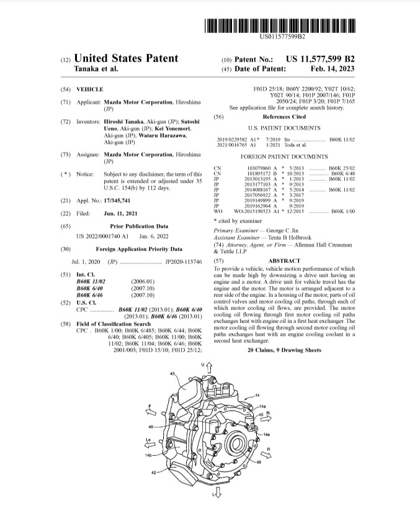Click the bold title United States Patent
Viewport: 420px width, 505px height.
pos(126,59)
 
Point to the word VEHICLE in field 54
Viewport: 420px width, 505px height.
pos(90,90)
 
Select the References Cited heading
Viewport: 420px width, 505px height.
pos(284,116)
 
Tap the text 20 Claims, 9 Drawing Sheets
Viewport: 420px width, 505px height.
pos(284,350)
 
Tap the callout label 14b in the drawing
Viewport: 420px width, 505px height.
pos(148,455)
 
